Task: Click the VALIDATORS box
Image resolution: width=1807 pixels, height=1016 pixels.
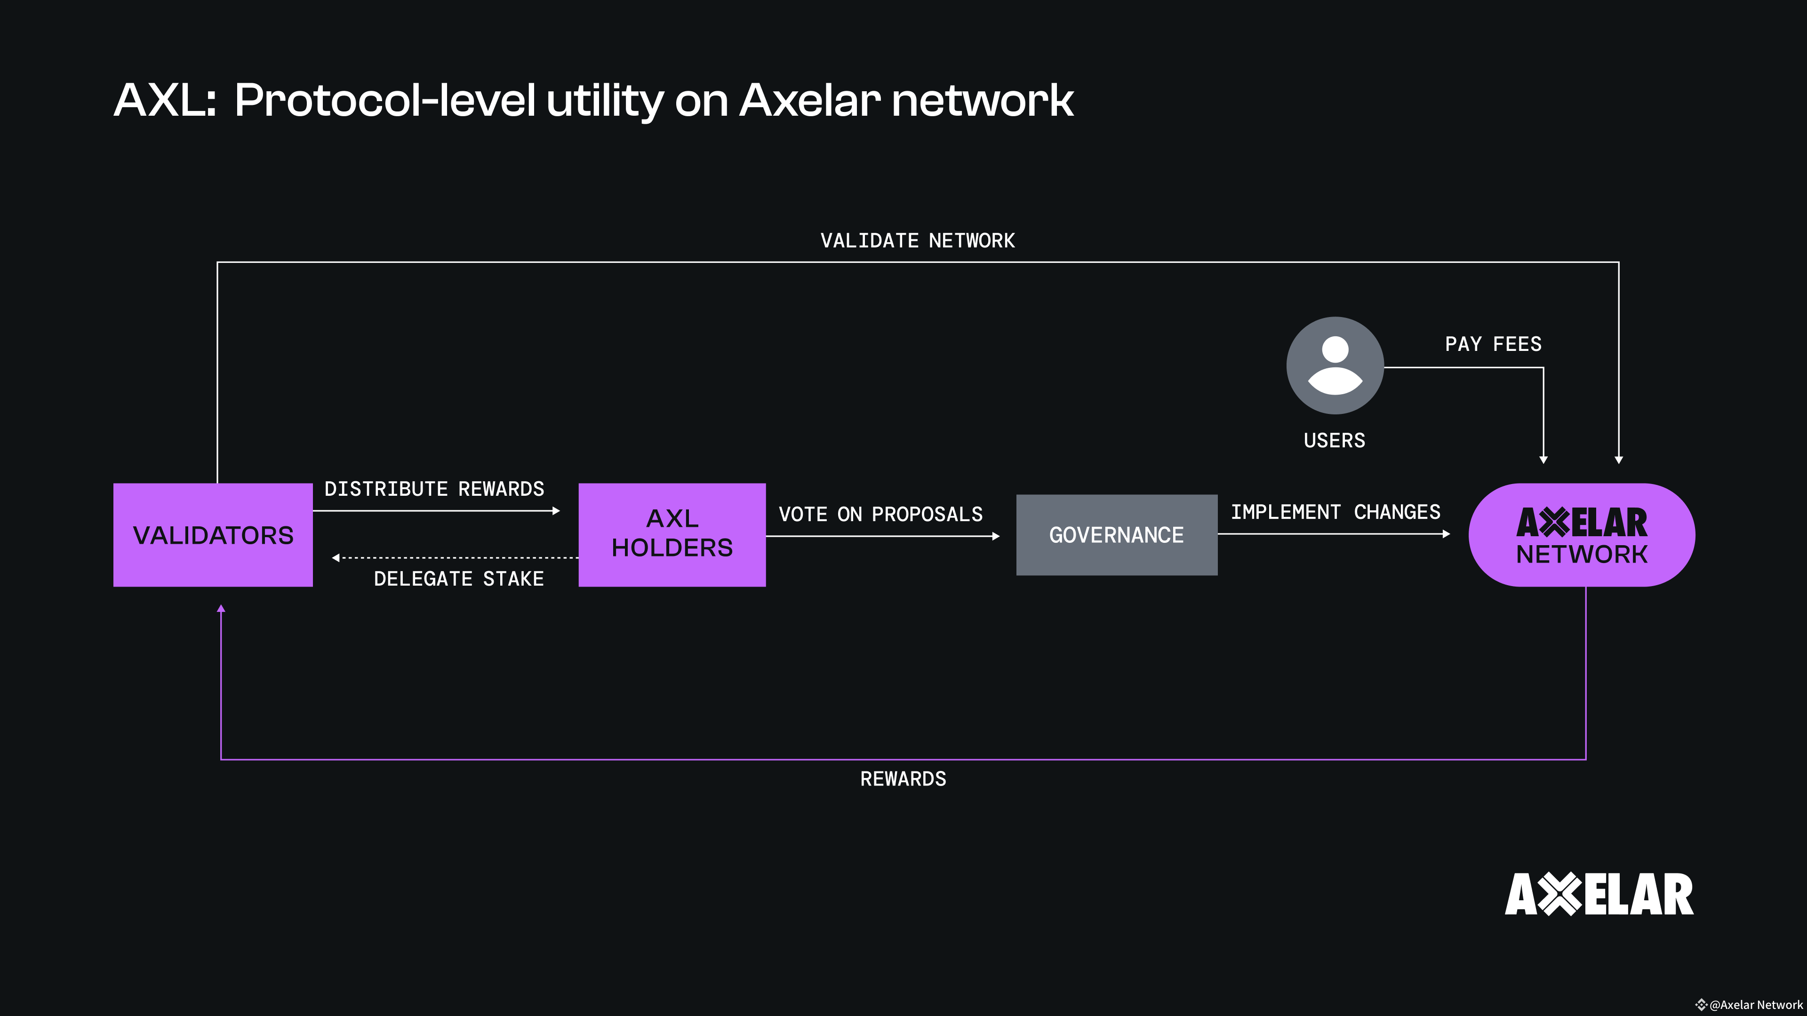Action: [x=213, y=535]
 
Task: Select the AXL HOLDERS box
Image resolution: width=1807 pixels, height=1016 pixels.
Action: [x=672, y=534]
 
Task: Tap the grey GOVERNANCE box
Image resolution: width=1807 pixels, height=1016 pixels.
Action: [x=1116, y=535]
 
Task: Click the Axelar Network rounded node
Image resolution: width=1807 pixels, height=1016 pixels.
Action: [x=1581, y=535]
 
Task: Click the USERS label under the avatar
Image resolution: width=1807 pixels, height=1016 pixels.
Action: [x=1334, y=440]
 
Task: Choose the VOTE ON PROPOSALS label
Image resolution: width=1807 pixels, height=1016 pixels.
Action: [x=880, y=514]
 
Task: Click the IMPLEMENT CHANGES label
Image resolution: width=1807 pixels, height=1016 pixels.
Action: [x=1335, y=512]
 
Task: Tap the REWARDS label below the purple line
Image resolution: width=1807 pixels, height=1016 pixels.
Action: [x=903, y=779]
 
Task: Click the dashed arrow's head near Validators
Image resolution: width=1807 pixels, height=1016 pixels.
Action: [x=336, y=558]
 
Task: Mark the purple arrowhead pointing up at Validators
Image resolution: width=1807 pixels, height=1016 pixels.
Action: [x=221, y=609]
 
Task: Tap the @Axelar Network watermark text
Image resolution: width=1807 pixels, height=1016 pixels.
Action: [x=1755, y=1005]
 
